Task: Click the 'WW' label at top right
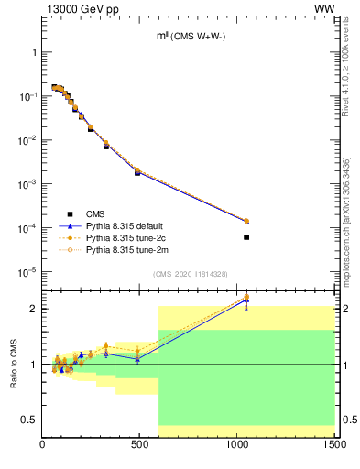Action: coord(324,8)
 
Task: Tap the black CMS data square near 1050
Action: coord(246,237)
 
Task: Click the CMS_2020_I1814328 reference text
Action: coord(189,274)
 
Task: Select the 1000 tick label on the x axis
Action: coord(237,446)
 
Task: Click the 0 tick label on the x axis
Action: coord(42,446)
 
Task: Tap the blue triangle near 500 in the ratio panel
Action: coord(137,359)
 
